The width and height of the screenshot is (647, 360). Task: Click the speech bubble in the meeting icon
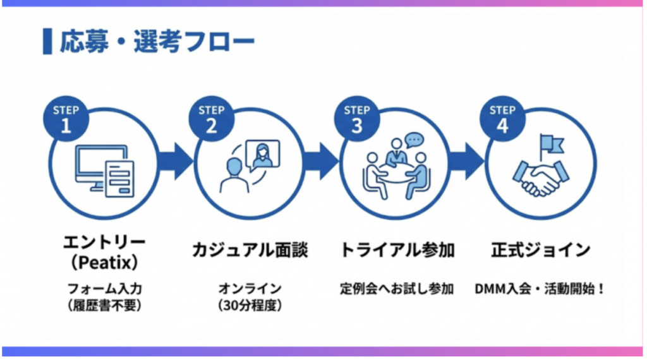414,139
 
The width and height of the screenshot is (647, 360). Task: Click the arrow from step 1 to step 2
174,161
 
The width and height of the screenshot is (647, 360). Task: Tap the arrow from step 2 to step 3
319,161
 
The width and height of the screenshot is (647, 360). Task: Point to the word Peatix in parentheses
105,261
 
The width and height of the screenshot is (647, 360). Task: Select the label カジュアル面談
250,250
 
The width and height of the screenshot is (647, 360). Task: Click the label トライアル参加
397,250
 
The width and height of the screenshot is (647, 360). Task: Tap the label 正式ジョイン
541,250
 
